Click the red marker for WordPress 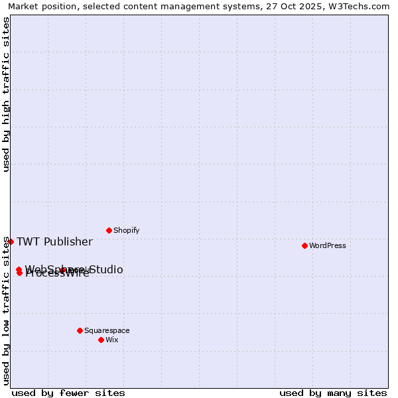pos(304,245)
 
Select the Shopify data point pos(109,230)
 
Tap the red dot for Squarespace pos(80,330)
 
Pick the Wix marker pos(101,340)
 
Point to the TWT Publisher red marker pos(11,241)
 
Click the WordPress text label pos(327,245)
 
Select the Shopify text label pos(126,230)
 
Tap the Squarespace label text pos(107,330)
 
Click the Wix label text pos(111,340)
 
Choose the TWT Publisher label pos(54,241)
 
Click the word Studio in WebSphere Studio pos(105,269)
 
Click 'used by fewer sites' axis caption pos(68,393)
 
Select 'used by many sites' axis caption pos(333,393)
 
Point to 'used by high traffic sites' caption pos(6,94)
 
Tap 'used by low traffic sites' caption pos(6,310)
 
